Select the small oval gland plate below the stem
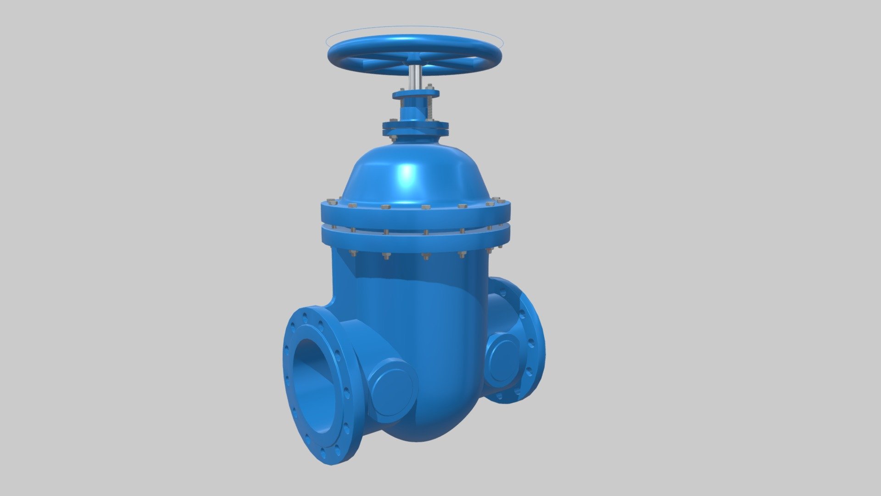415,94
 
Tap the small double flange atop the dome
415,128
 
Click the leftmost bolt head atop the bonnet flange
329,201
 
